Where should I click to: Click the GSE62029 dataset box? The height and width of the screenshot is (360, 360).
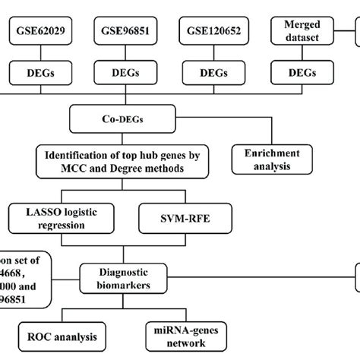(39, 33)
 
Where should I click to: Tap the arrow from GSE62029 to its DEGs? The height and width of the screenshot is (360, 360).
(39, 55)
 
